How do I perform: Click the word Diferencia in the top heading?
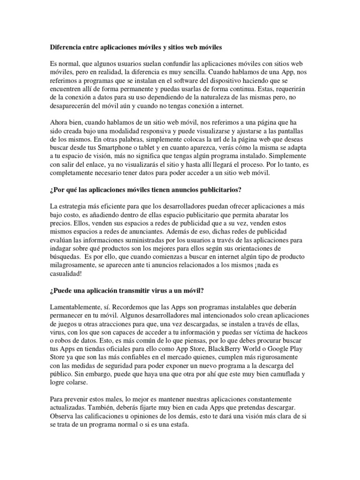pyautogui.click(x=66, y=47)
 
